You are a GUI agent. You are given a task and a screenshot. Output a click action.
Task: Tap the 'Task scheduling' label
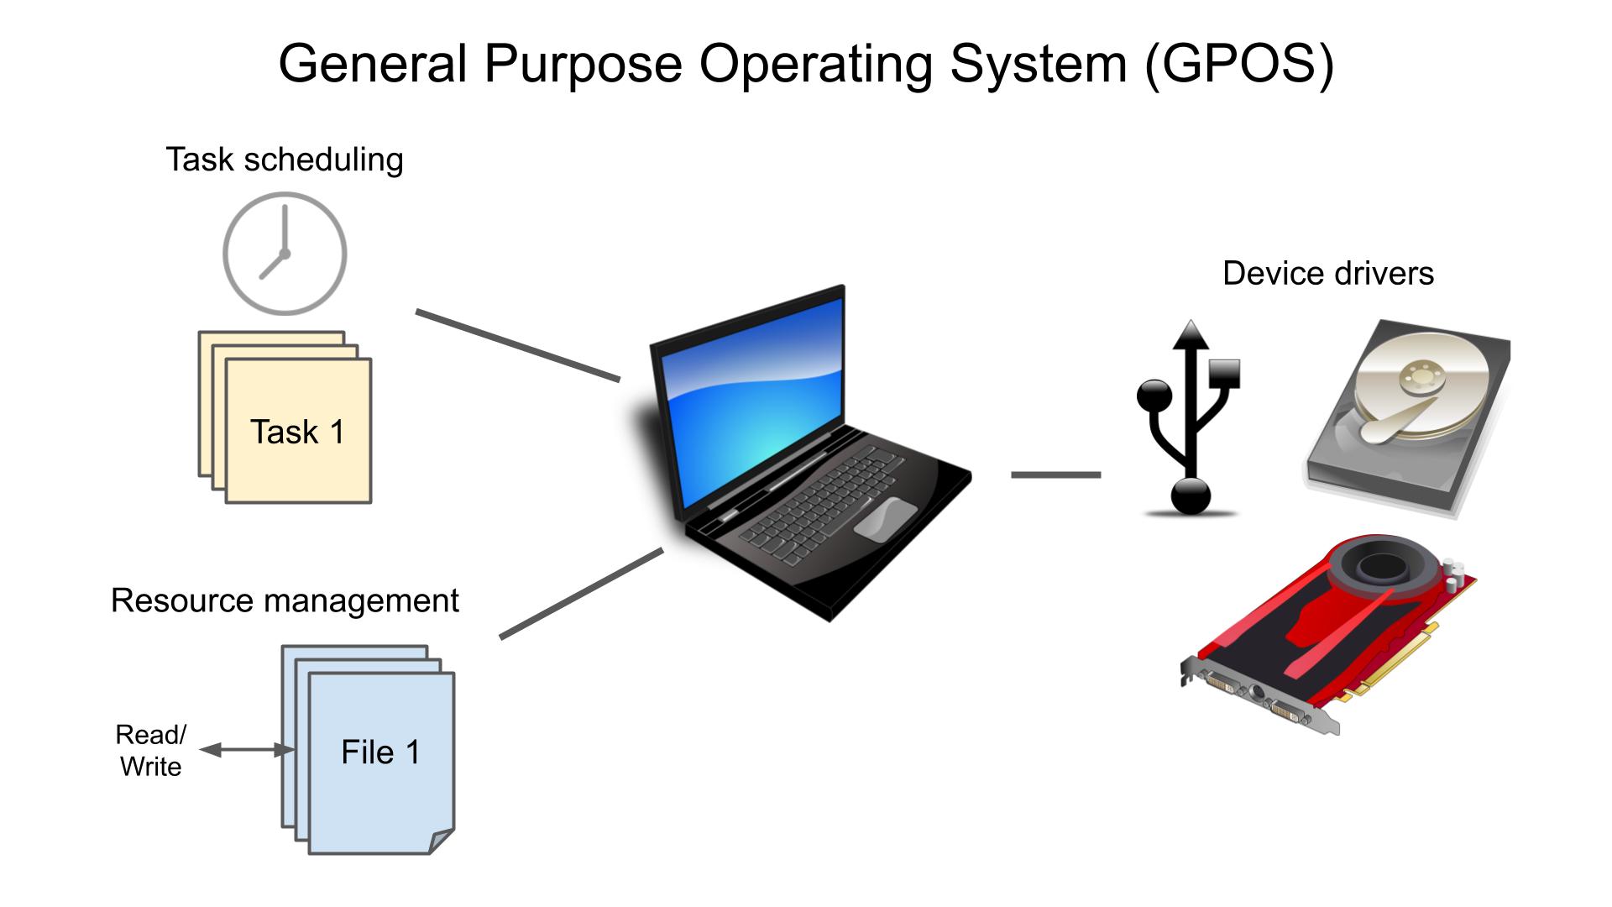pyautogui.click(x=284, y=160)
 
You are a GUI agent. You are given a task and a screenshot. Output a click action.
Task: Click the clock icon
pyautogui.click(x=285, y=253)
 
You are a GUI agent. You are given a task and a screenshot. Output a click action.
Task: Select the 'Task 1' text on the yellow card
pyautogui.click(x=297, y=432)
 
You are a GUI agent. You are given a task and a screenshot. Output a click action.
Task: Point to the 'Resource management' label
pyautogui.click(x=285, y=600)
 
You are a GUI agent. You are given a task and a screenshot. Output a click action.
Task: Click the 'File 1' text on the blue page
pyautogui.click(x=380, y=752)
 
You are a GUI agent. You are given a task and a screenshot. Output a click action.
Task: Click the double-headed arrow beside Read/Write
pyautogui.click(x=246, y=750)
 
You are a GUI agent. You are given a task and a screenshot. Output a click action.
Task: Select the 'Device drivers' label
pyautogui.click(x=1327, y=273)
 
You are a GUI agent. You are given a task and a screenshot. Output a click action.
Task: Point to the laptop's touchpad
pyautogui.click(x=885, y=519)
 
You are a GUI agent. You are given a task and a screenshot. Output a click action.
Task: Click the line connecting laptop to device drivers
pyautogui.click(x=1055, y=474)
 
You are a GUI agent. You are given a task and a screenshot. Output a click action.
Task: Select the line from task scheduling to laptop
pyautogui.click(x=517, y=345)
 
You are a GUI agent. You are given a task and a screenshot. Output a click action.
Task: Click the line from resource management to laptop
pyautogui.click(x=581, y=594)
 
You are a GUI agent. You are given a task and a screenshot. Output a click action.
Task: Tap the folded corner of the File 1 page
pyautogui.click(x=442, y=841)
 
